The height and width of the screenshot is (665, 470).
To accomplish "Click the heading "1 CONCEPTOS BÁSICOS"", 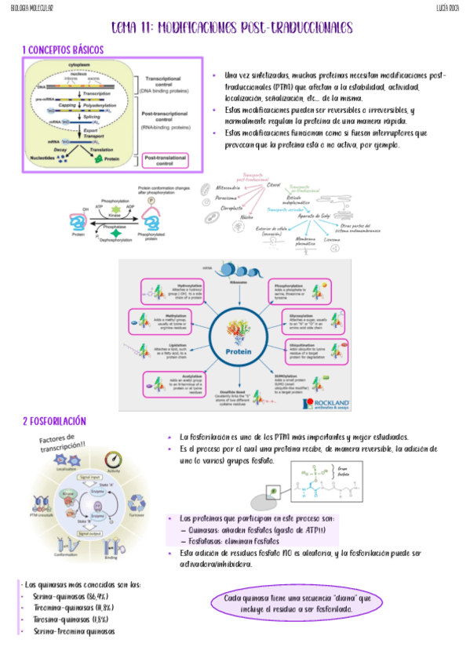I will coord(63,50).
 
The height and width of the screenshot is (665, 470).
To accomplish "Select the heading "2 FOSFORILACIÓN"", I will coord(54,421).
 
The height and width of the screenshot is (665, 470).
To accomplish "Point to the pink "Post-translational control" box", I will coord(169,159).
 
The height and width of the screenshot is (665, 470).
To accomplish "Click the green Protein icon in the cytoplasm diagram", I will coord(100,159).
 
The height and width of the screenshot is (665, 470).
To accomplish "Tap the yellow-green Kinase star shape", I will coord(118,211).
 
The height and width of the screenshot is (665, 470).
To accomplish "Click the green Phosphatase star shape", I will coord(118,233).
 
